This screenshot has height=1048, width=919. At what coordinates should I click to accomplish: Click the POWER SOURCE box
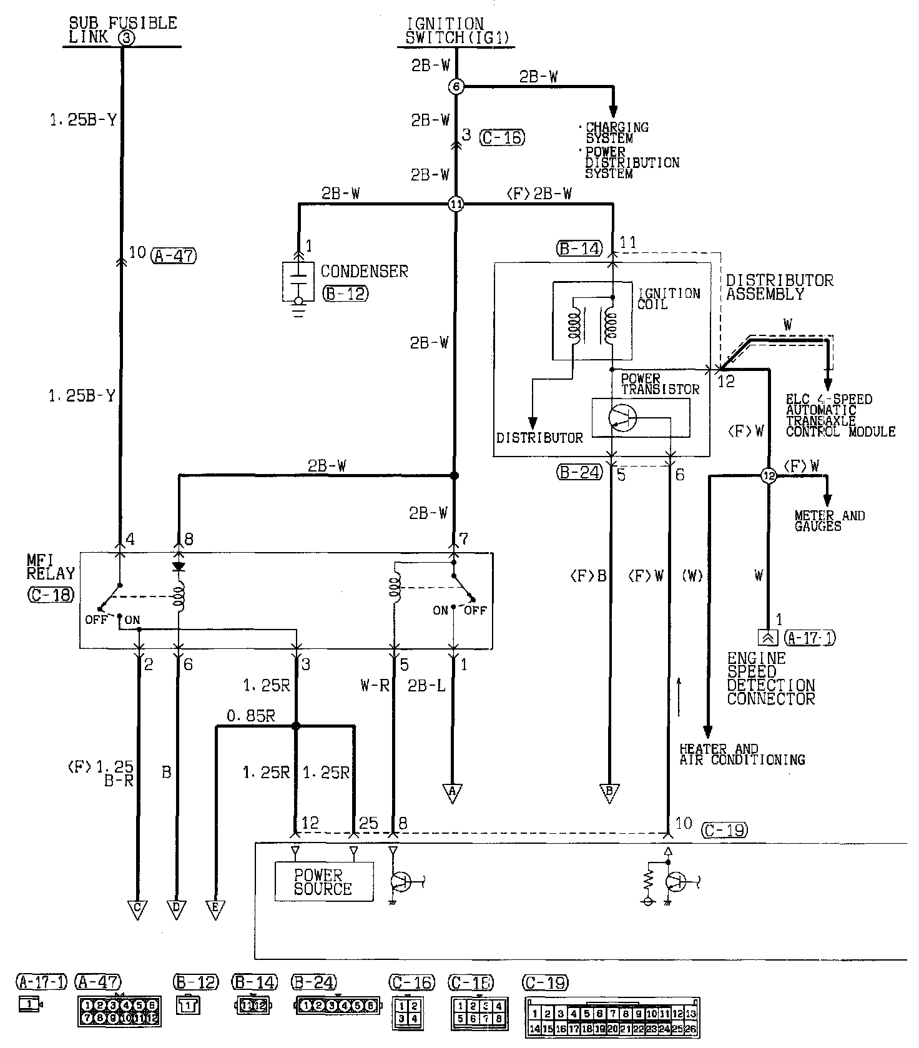[x=323, y=881]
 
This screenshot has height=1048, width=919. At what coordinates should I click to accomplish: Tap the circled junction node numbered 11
[x=456, y=204]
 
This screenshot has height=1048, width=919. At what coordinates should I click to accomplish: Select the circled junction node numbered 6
[x=456, y=87]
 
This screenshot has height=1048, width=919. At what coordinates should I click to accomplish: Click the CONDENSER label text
[x=364, y=272]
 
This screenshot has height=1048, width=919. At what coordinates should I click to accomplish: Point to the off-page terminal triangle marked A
[x=453, y=793]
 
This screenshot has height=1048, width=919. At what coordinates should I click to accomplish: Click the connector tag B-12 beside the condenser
[x=345, y=294]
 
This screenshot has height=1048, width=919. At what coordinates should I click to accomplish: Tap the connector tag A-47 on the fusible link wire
[x=174, y=254]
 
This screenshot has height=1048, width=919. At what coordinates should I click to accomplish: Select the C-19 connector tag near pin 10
[x=724, y=830]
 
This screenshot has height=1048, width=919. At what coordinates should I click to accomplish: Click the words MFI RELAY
[x=51, y=566]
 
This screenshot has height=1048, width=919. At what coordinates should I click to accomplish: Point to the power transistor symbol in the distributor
[x=622, y=417]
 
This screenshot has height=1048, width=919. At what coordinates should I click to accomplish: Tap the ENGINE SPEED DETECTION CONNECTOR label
[x=771, y=678]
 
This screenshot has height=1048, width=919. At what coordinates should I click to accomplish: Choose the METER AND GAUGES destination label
[x=829, y=521]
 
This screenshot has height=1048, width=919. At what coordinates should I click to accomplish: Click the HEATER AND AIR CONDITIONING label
[x=742, y=754]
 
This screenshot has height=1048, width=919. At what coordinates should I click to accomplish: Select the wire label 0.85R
[x=251, y=716]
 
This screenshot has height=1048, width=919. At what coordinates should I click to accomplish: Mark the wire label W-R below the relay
[x=375, y=685]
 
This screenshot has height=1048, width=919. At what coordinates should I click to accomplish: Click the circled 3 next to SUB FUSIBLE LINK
[x=126, y=37]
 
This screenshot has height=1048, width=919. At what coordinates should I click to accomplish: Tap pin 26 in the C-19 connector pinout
[x=691, y=1029]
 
